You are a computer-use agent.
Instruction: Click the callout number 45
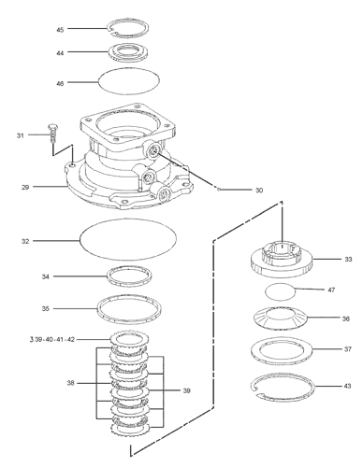[x=60, y=30]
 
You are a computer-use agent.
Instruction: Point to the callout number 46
[x=60, y=84]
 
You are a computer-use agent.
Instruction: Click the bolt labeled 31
[x=52, y=134]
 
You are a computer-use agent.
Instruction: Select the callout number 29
[x=25, y=188]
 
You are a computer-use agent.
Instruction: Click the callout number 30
[x=259, y=191]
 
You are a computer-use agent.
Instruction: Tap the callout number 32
[x=25, y=242]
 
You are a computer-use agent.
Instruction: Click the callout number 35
[x=46, y=309]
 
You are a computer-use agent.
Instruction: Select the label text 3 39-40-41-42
[x=52, y=339]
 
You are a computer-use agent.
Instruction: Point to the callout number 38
[x=71, y=383]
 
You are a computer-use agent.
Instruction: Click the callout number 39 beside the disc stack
[x=186, y=390]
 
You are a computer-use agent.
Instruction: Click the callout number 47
[x=331, y=290]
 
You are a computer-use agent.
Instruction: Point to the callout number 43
[x=347, y=386]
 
